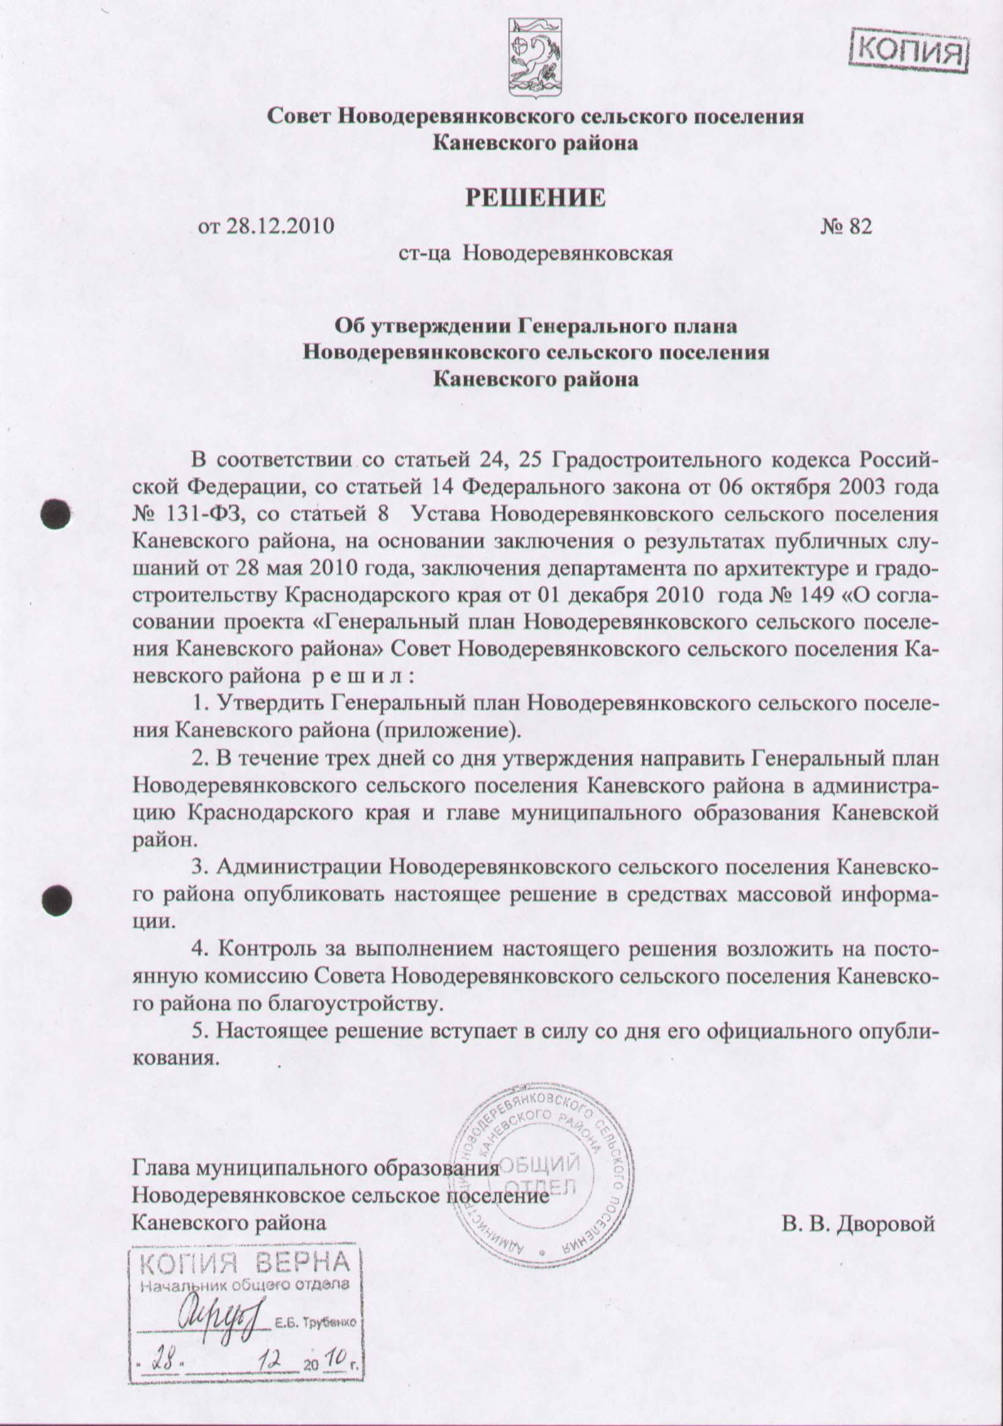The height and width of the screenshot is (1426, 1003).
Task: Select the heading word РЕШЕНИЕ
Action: point(535,198)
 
